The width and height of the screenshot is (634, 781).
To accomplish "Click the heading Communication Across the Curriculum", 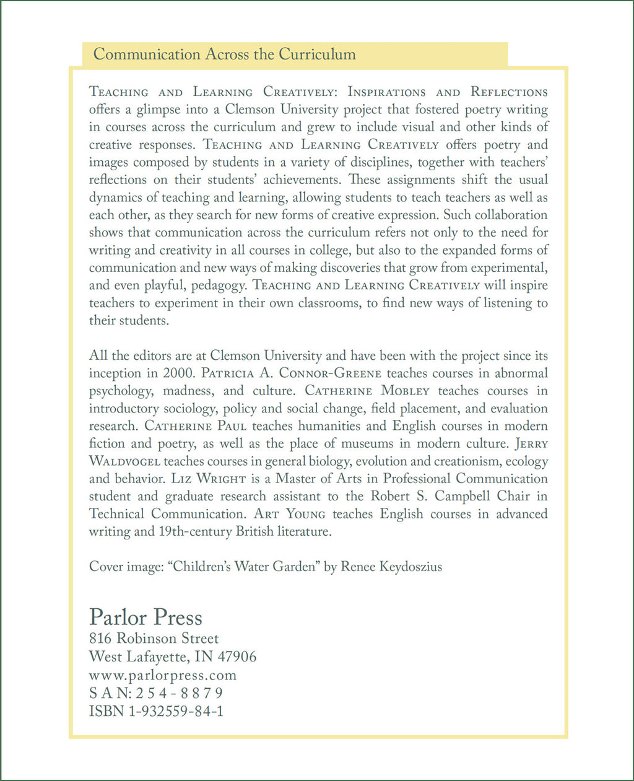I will (224, 54).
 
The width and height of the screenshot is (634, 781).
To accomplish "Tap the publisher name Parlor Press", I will (145, 617).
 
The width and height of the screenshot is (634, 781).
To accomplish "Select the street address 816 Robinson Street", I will (154, 639).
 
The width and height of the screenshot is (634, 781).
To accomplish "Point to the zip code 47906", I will (235, 657).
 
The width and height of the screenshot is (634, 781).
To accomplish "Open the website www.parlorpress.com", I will (163, 674).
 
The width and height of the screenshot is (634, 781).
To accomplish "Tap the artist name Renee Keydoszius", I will (391, 567).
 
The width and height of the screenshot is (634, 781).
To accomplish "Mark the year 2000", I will (178, 373).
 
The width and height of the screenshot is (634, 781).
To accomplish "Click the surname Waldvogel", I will (124, 461).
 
